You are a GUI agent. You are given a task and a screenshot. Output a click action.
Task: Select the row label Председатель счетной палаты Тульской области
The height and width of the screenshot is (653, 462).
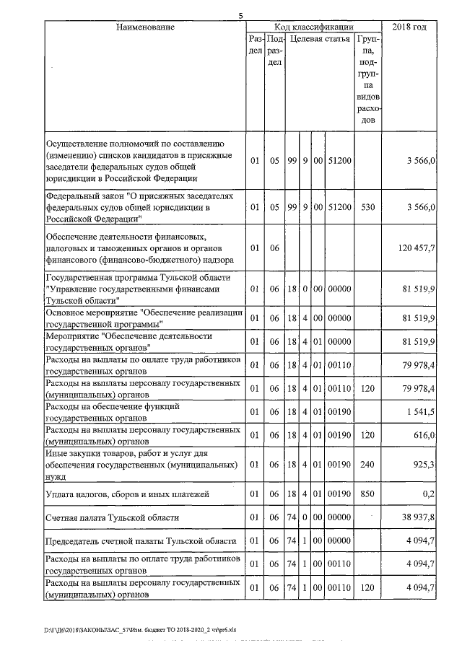click(x=140, y=541)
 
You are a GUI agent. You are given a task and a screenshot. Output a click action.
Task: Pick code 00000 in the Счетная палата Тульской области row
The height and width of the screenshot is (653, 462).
click(x=339, y=517)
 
